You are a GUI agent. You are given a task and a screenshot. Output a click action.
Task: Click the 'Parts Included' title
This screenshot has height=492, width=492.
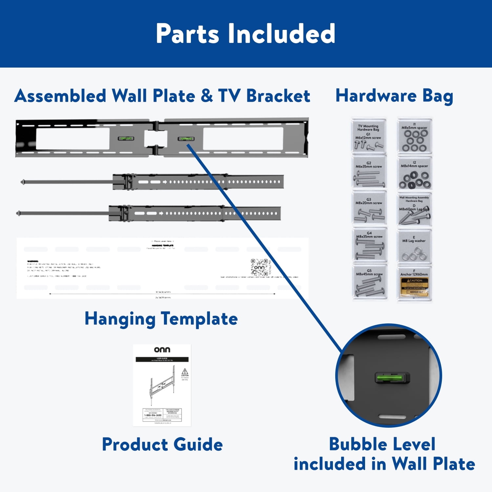tap(245, 33)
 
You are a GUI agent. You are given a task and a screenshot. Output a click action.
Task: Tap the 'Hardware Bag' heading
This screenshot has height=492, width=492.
tap(394, 96)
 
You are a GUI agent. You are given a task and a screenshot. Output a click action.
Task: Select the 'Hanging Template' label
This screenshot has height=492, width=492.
tap(161, 319)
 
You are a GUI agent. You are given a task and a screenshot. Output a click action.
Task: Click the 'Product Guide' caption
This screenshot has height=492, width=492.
tap(162, 444)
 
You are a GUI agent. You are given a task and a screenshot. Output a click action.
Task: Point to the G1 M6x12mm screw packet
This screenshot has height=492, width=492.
tap(369, 136)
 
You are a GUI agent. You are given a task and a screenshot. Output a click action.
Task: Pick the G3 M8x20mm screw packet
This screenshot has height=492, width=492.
tap(369, 208)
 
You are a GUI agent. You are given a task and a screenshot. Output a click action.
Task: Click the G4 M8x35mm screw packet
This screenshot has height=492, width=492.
tap(369, 245)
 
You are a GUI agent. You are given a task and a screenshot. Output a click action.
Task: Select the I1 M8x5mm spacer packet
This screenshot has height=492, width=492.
tap(415, 136)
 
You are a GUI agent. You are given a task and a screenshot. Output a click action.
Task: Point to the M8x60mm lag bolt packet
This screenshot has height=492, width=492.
tap(415, 210)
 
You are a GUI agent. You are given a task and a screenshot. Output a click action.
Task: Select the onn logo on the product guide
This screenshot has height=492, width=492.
tap(162, 350)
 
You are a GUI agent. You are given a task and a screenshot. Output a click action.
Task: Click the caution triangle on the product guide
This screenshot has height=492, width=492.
tap(185, 372)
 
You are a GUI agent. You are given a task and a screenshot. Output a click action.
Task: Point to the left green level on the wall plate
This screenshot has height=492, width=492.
tap(126, 138)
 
